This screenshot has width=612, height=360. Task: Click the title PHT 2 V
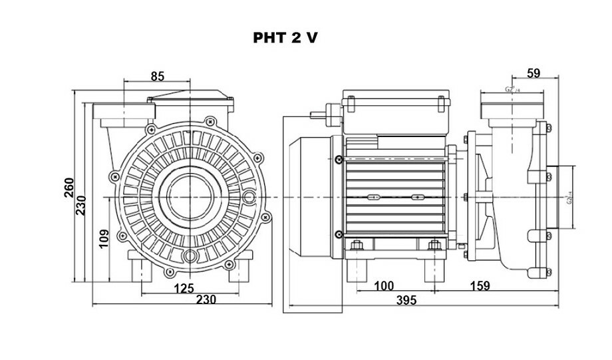[x=285, y=38]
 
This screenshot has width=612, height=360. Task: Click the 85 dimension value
[x=158, y=76]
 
